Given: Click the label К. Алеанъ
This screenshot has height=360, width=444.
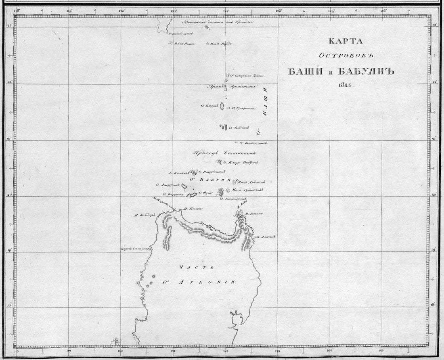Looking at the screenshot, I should coord(266,237).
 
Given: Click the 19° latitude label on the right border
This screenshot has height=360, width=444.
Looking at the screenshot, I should coord(434,250).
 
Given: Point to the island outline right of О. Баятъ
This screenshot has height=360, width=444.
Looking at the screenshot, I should coord(222,106).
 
